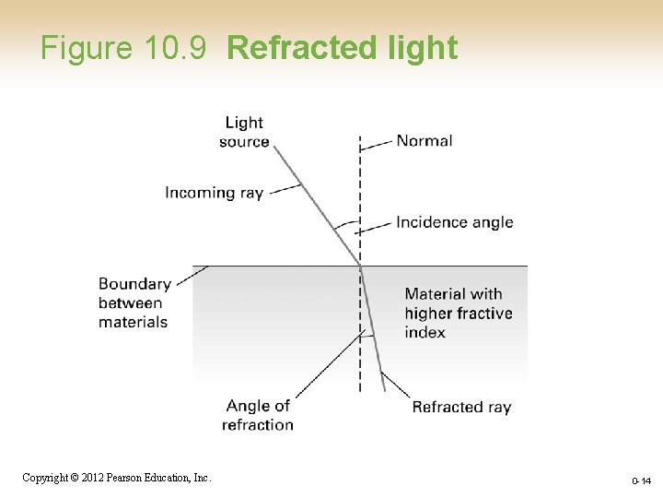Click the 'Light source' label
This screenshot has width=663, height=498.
[244, 132]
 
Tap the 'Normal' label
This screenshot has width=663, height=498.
[424, 141]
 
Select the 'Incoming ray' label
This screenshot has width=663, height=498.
[214, 193]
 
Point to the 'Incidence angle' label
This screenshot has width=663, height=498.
[454, 222]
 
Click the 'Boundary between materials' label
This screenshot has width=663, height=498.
[134, 302]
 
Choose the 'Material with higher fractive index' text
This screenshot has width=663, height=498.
[458, 313]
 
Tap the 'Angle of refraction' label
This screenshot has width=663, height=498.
[258, 415]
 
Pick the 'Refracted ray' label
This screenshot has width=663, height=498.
[460, 407]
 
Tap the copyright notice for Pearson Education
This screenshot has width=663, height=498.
[117, 478]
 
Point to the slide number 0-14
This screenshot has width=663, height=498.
[642, 481]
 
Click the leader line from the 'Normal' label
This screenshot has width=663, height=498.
[376, 144]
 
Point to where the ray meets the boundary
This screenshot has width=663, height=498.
[360, 266]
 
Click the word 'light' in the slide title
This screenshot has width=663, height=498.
[424, 48]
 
